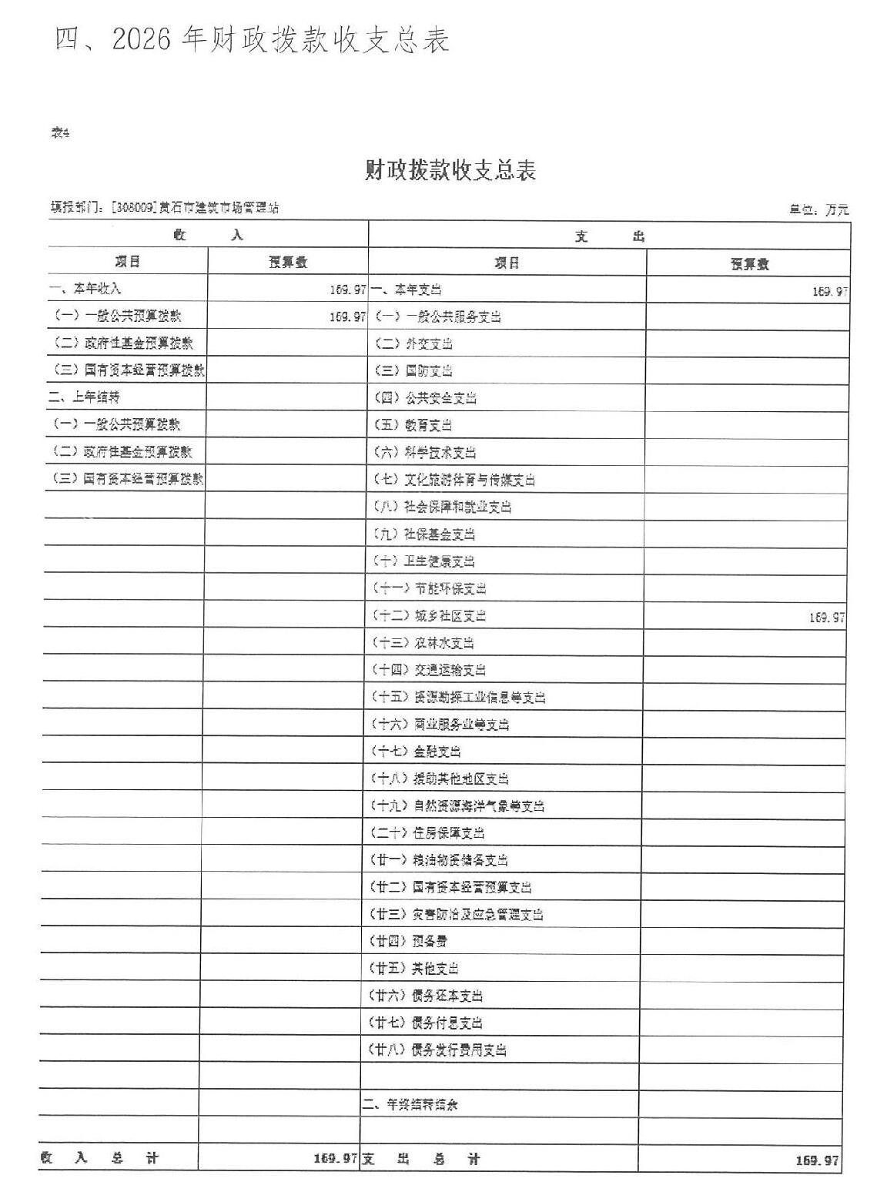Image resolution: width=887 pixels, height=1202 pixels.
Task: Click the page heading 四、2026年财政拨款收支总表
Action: [x=251, y=41]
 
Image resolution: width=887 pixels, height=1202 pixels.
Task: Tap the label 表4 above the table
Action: [x=60, y=133]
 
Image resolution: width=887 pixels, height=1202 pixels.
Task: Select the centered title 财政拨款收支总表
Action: [x=450, y=170]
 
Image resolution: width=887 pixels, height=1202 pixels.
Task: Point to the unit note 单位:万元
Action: [x=818, y=209]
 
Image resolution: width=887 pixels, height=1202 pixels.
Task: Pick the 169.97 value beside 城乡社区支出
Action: [x=827, y=618]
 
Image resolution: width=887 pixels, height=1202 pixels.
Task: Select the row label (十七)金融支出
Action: [x=417, y=752]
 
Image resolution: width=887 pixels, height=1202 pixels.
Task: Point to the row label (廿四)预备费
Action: [x=409, y=941]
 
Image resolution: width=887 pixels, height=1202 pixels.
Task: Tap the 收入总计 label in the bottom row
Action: [x=100, y=1158]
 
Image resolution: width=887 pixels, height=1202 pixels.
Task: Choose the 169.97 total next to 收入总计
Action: [x=336, y=1159]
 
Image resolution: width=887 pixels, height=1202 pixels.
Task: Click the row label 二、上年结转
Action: [x=85, y=397]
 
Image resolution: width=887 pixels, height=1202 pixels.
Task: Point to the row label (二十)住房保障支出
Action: [x=428, y=833]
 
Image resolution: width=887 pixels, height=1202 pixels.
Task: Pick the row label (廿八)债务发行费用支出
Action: [x=438, y=1050]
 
